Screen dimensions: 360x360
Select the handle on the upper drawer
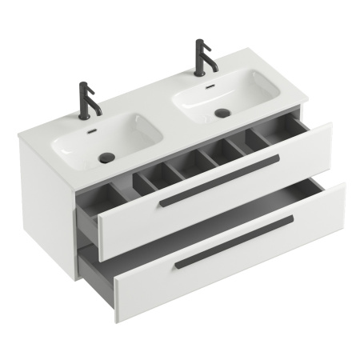[x=218, y=182]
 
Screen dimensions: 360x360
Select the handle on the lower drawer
[x=234, y=241]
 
